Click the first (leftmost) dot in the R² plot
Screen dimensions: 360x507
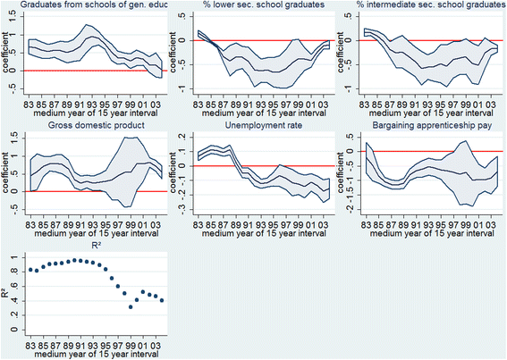(x=30, y=269)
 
